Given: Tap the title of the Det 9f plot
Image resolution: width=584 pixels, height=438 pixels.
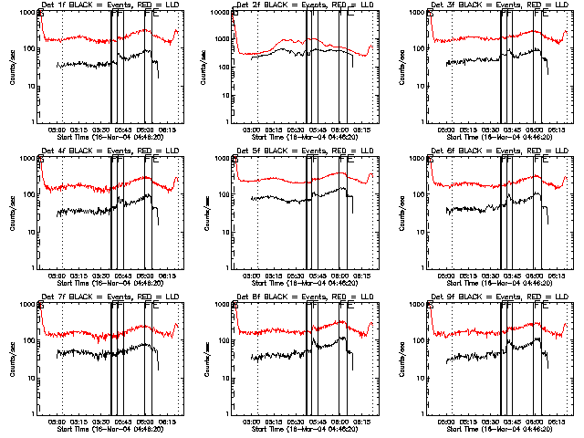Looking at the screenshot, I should [499, 297].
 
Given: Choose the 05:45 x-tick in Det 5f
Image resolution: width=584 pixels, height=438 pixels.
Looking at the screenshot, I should [319, 276].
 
